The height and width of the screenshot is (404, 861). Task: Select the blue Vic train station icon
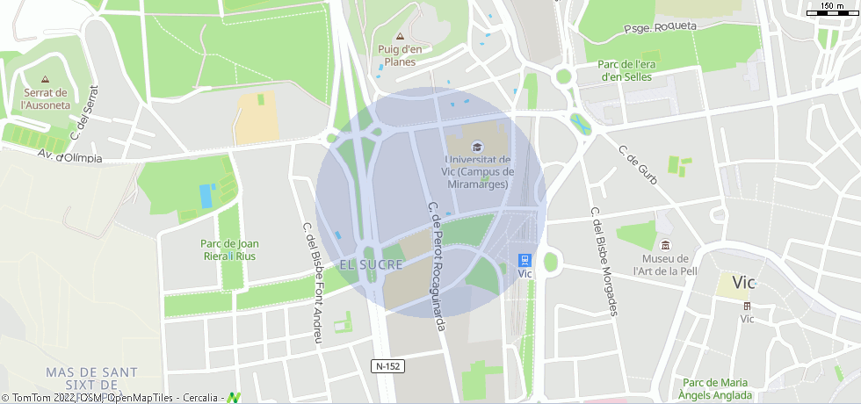(525, 260)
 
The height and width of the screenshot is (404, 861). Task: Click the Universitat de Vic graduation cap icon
(477, 147)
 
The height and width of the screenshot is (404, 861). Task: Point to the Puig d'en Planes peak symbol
(400, 37)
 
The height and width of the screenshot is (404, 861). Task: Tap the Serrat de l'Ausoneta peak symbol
(45, 79)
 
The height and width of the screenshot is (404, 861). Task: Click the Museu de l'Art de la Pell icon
(665, 245)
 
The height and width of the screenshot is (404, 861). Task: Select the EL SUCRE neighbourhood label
(371, 264)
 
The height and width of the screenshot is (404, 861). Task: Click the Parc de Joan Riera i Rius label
(229, 249)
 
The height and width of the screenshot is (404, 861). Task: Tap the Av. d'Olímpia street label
(69, 157)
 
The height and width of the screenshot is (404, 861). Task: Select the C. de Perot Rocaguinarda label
(437, 266)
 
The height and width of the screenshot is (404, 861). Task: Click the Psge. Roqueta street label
(660, 27)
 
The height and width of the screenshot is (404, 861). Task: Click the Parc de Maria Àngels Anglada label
(715, 388)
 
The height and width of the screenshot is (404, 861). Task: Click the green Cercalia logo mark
(235, 398)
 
